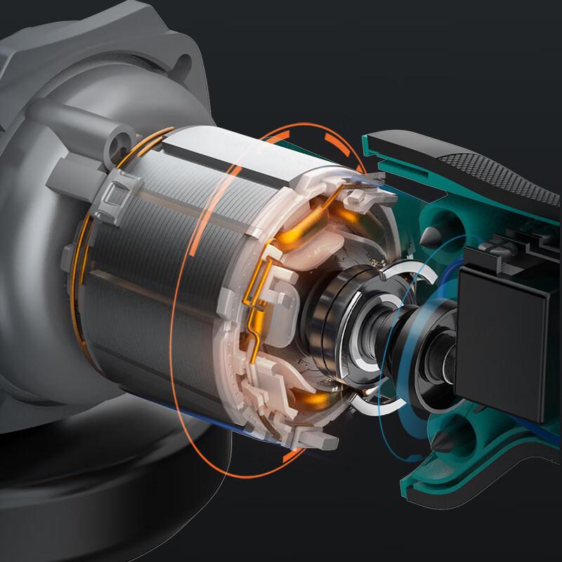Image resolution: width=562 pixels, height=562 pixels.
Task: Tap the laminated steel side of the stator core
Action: point(162,295)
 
